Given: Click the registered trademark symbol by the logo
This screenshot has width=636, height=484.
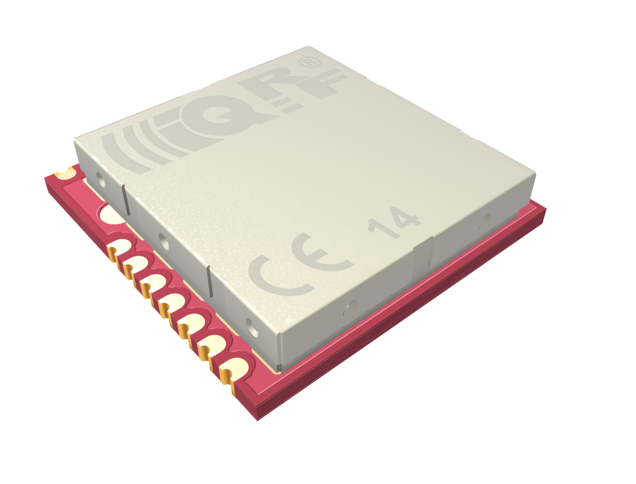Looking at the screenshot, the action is click(310, 62).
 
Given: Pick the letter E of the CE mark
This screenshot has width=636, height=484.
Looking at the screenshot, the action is click(320, 253).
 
